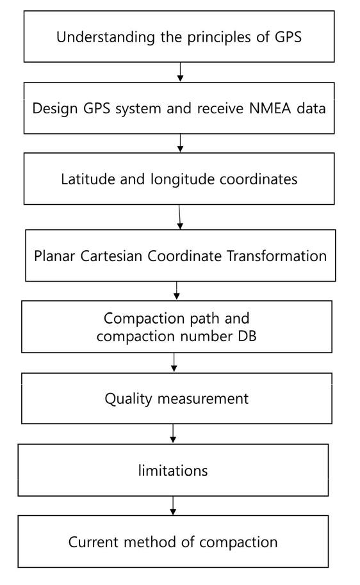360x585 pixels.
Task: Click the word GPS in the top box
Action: (x=288, y=37)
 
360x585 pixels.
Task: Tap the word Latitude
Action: (x=88, y=179)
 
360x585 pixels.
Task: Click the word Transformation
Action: (x=276, y=256)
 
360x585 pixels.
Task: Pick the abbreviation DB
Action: (x=247, y=336)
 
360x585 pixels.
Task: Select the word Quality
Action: (x=129, y=399)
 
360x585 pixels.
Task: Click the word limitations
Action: (x=173, y=470)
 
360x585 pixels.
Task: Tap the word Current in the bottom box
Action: (x=94, y=542)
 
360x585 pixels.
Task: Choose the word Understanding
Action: (x=106, y=38)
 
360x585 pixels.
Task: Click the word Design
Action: (x=55, y=109)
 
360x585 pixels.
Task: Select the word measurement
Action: (x=203, y=399)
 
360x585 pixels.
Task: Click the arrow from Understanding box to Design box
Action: (x=181, y=72)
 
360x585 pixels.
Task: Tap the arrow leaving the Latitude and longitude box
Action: (x=179, y=217)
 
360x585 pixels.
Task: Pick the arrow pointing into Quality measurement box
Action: (x=174, y=362)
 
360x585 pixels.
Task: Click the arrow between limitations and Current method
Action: (x=173, y=506)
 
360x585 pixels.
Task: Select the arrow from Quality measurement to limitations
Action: (x=173, y=433)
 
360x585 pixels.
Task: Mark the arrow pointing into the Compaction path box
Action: (x=177, y=291)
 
